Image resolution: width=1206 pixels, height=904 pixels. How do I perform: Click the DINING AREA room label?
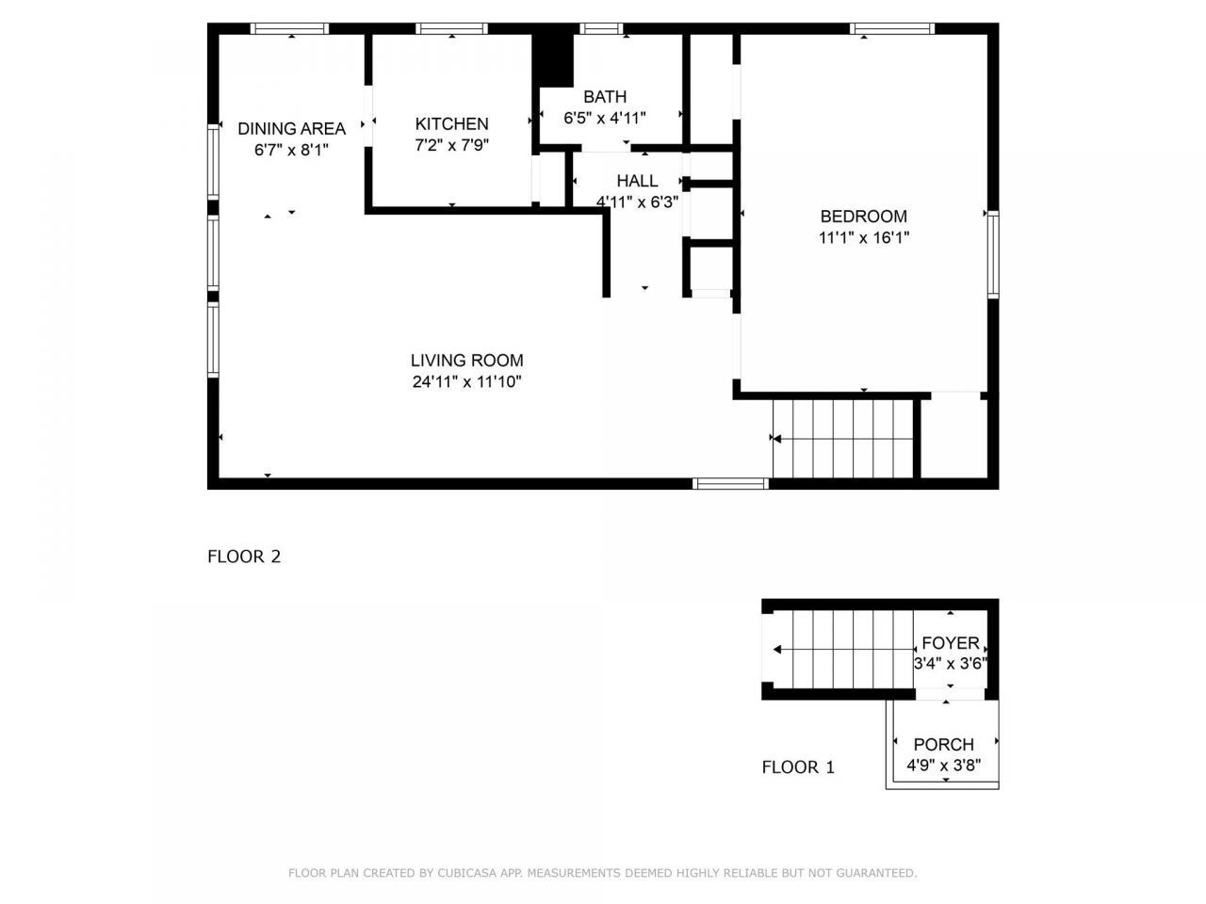[x=291, y=129]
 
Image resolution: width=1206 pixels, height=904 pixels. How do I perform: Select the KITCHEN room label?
[x=451, y=124]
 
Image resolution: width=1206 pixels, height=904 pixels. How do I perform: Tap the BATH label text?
[x=604, y=97]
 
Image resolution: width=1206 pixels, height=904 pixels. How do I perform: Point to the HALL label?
[x=637, y=181]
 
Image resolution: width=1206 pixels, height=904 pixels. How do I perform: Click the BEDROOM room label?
[x=863, y=217]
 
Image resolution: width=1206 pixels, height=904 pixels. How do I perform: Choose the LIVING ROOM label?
[x=466, y=361]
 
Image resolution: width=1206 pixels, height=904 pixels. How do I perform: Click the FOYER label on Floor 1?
[x=950, y=643]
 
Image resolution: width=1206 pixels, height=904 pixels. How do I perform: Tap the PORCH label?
[x=943, y=745]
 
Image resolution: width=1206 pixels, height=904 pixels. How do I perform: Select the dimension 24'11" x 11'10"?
[x=466, y=382]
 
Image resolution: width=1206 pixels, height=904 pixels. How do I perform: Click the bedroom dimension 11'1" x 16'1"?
[x=863, y=238]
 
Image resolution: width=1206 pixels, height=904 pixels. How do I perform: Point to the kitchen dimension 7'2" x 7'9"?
[x=451, y=146]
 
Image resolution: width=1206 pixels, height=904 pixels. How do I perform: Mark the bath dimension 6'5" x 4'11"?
[x=604, y=119]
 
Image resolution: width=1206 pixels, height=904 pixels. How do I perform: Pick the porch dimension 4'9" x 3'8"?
[x=943, y=766]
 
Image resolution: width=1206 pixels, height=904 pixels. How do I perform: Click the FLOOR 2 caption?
[x=244, y=557]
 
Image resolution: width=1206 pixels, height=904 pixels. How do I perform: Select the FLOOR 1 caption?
[x=798, y=767]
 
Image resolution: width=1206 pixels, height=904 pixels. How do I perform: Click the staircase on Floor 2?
[x=843, y=439]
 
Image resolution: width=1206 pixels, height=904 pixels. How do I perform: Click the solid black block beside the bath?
[x=553, y=60]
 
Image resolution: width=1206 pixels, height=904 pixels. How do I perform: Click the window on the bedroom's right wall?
[x=992, y=255]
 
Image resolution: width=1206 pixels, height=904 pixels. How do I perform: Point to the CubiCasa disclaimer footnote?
[x=602, y=874]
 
